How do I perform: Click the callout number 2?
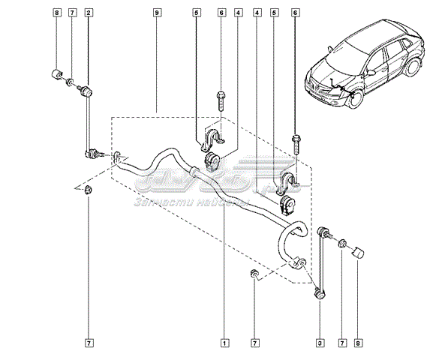click(x=89, y=13)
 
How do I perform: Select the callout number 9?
click(x=156, y=13)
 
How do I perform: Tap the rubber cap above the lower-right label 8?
click(x=358, y=250)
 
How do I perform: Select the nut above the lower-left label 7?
click(x=89, y=190)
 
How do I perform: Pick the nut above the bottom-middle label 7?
click(x=255, y=275)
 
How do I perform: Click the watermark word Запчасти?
click(x=155, y=202)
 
